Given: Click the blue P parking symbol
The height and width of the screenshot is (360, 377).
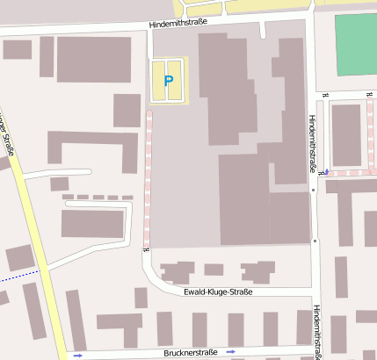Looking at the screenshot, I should coord(168,81).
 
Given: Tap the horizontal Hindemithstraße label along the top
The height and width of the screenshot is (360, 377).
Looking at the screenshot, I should coord(178,25).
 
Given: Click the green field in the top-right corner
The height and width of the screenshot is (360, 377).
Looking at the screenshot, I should coord(357,44).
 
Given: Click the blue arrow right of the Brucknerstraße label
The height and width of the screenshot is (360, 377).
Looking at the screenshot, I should coord(231,350).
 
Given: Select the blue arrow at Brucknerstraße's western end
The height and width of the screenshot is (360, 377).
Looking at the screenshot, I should coord(77,355).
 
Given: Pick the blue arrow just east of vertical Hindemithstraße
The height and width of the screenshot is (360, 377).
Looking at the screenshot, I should coord(327,171).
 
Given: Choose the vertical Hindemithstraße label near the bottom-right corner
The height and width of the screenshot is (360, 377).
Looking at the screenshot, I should coord(316,331).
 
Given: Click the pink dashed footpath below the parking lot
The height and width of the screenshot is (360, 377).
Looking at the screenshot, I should coord(147,176).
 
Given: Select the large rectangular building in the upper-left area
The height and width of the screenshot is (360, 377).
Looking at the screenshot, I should coord(93,59).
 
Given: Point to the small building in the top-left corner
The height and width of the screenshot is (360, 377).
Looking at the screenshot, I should coord(17,49).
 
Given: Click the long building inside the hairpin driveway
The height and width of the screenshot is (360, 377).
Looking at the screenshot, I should coord(92,224).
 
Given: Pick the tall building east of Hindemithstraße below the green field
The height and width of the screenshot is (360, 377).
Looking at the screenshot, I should coord(345,134).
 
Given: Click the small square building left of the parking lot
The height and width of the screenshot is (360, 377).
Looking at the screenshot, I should coord(127,111).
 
